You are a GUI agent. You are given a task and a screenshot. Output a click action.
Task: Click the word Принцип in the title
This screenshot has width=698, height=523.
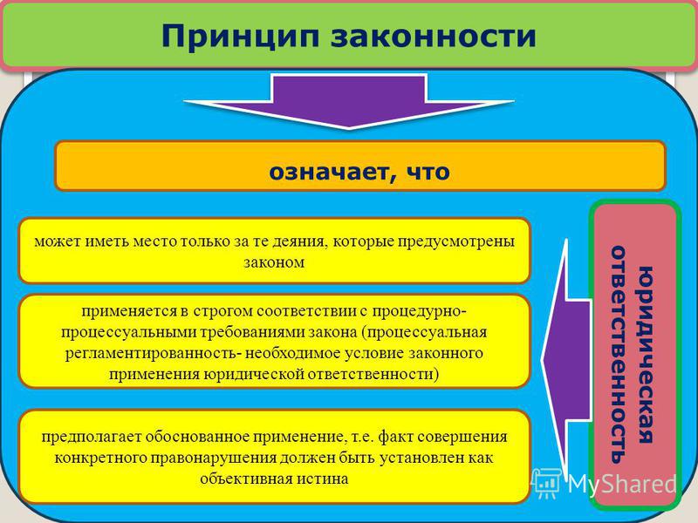pyautogui.click(x=240, y=37)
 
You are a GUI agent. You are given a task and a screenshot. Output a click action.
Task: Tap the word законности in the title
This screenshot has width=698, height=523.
pyautogui.click(x=433, y=36)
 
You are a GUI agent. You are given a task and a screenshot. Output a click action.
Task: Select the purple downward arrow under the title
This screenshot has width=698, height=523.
pyautogui.click(x=349, y=101)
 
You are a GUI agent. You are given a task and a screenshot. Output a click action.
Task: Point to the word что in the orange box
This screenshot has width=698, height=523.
pyautogui.click(x=428, y=172)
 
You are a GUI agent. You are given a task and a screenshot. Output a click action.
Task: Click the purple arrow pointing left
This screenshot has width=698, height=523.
pyautogui.click(x=566, y=359)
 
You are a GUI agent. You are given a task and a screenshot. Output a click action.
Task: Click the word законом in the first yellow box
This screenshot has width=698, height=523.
pyautogui.click(x=274, y=262)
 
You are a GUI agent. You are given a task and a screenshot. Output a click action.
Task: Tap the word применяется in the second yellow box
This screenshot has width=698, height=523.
pyautogui.click(x=128, y=311)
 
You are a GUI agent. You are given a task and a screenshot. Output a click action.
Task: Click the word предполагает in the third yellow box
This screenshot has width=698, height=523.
pyautogui.click(x=89, y=438)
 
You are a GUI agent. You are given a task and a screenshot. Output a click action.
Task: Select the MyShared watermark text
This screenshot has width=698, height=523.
pyautogui.click(x=622, y=484)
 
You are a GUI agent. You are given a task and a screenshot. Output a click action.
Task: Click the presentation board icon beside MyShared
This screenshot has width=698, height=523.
pyautogui.click(x=546, y=482)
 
